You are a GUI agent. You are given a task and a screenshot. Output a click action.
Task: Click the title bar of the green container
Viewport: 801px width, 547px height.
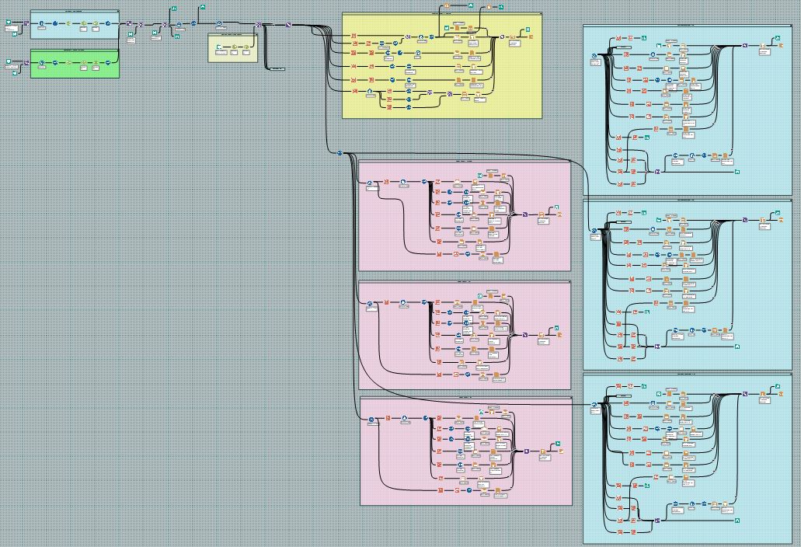[x=75, y=51]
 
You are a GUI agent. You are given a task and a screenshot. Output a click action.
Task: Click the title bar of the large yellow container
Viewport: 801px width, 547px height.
[x=442, y=14]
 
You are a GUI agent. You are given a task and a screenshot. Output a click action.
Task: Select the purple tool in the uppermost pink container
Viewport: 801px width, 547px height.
[x=524, y=214]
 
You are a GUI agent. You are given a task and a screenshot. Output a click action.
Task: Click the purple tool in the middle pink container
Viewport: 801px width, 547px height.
[x=525, y=334]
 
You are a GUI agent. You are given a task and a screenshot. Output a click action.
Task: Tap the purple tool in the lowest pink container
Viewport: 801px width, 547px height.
[x=526, y=451]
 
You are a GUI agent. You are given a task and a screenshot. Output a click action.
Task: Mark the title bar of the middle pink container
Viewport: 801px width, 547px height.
[x=465, y=283]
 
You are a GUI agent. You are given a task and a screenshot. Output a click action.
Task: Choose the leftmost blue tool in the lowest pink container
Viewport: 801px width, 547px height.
[x=371, y=420]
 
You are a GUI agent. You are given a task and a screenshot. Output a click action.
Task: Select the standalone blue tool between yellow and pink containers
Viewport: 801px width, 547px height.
[x=340, y=153]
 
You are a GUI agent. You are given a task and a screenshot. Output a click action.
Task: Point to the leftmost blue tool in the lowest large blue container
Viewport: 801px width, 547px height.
[x=594, y=405]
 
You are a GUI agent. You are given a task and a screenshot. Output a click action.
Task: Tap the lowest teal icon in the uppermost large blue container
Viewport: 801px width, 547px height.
[x=737, y=169]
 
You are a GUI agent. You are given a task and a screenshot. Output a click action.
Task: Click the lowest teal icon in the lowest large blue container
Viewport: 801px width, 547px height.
[x=737, y=518]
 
